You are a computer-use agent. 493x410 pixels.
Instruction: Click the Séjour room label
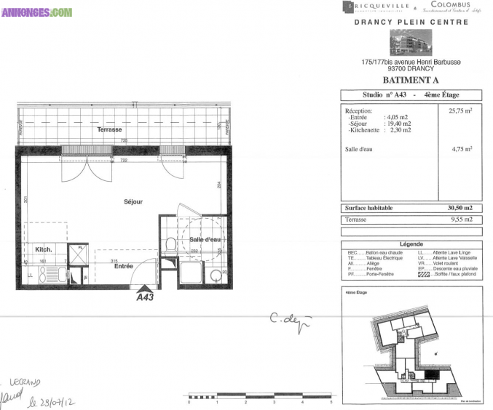click(x=133, y=201)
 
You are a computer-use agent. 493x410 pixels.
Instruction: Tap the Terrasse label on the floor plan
click(x=109, y=129)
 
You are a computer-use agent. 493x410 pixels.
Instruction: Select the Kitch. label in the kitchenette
click(x=43, y=249)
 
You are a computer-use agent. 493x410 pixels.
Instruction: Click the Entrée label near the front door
click(x=124, y=266)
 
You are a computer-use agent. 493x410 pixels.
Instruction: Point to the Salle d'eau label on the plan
click(x=205, y=240)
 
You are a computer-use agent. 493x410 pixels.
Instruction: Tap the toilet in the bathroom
click(x=169, y=244)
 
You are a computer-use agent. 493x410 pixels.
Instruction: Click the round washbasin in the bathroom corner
click(x=216, y=275)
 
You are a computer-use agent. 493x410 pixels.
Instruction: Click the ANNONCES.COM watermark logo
click(x=37, y=12)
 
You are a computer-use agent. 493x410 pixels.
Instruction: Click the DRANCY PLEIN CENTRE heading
click(x=411, y=22)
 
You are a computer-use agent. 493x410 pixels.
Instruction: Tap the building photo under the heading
click(x=411, y=43)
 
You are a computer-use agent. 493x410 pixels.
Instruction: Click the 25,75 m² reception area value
click(x=460, y=110)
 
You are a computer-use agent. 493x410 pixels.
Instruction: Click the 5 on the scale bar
click(x=331, y=402)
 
